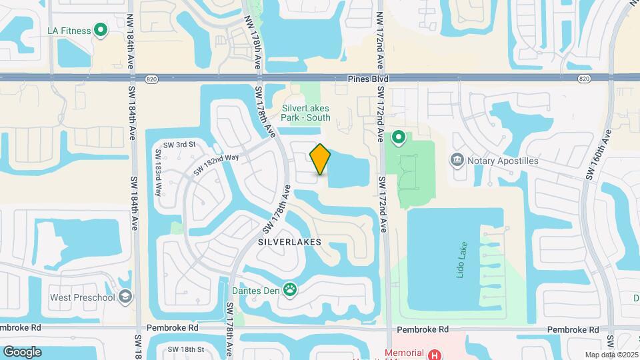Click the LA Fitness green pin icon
[101, 29]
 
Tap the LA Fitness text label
[69, 30]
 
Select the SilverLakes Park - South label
[305, 113]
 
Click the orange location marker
[320, 159]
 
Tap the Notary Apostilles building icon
[457, 159]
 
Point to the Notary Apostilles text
[503, 161]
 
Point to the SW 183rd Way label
[159, 173]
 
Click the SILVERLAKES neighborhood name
[289, 242]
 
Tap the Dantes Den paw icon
[290, 289]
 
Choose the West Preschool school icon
[125, 297]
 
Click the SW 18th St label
[185, 349]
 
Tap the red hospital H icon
[435, 353]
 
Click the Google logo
[22, 352]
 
